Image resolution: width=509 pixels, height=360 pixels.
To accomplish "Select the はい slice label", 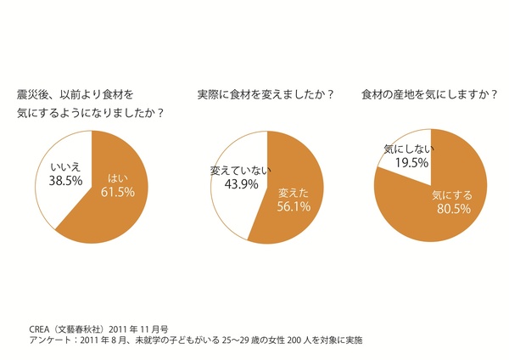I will pyautogui.click(x=119, y=178).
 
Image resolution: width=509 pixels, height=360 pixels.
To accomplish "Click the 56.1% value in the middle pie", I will pyautogui.click(x=292, y=205).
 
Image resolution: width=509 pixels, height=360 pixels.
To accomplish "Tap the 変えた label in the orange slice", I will pyautogui.click(x=292, y=192).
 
